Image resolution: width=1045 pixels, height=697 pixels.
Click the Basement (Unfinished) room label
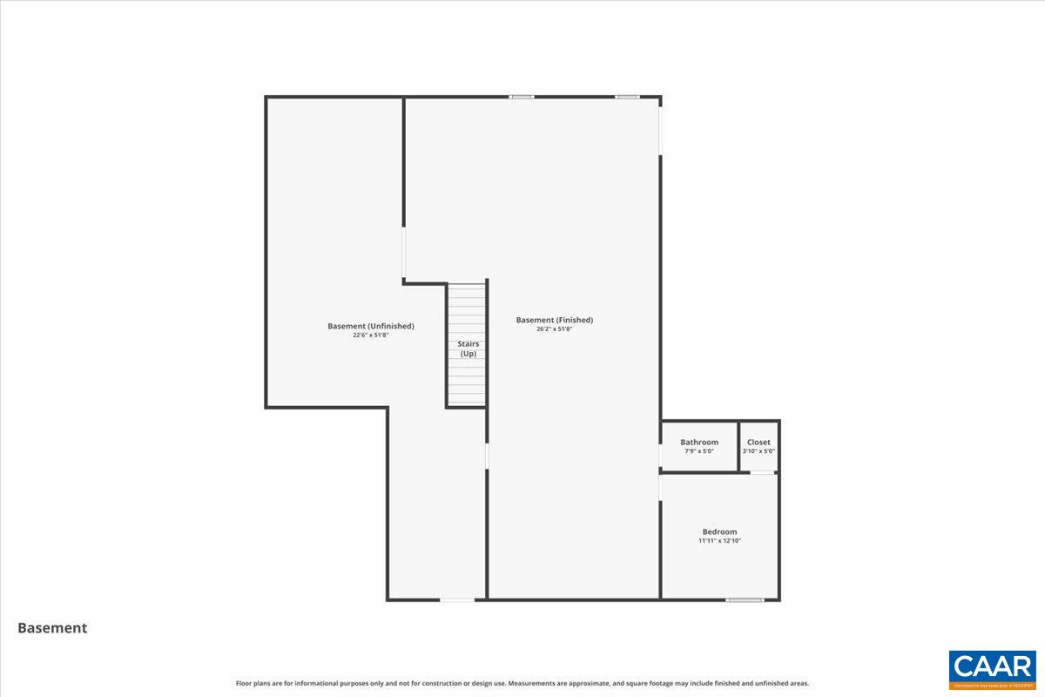(370, 326)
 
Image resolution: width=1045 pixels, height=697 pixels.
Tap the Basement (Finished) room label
(554, 320)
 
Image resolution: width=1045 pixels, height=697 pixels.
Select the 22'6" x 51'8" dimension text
(370, 335)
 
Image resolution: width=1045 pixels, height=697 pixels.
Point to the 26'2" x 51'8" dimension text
(554, 329)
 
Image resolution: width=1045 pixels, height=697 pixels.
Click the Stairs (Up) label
(468, 348)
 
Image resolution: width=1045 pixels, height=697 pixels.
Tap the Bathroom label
(699, 442)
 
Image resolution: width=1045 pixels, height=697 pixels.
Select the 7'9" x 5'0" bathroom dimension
(699, 451)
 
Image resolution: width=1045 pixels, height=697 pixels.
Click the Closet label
(758, 442)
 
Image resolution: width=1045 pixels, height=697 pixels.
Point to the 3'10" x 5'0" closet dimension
(758, 451)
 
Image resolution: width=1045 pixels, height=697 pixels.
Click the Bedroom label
(719, 531)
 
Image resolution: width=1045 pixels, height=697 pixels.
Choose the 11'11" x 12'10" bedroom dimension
(719, 541)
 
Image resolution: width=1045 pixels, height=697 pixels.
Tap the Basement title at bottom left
(52, 627)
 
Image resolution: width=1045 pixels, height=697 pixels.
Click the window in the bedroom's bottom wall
(745, 599)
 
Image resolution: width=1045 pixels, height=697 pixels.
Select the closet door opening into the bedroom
(763, 472)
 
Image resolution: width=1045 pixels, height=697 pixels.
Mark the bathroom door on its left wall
(660, 456)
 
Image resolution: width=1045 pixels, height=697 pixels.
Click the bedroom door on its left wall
(660, 488)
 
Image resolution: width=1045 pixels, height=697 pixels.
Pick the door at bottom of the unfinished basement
(457, 599)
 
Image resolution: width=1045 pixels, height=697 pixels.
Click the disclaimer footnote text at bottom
(522, 684)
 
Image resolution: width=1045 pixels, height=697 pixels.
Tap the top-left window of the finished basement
(522, 97)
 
